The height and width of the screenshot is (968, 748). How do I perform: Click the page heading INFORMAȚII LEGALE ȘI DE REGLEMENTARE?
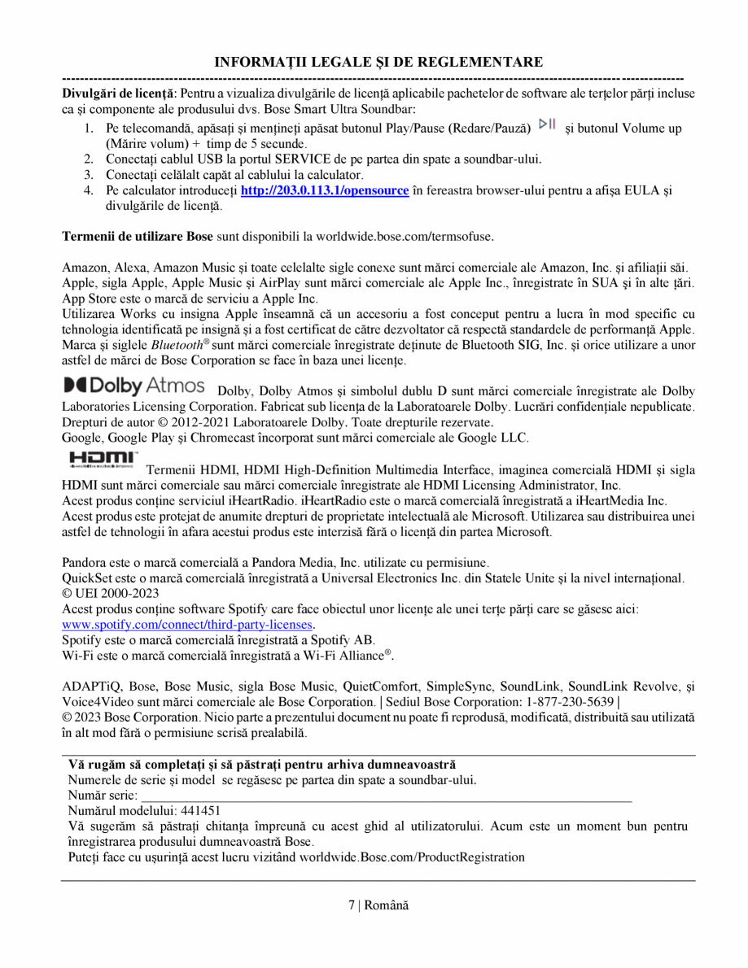click(x=378, y=63)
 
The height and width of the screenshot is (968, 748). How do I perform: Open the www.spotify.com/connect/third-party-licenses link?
click(x=188, y=625)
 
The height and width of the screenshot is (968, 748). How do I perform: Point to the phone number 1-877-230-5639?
click(x=570, y=702)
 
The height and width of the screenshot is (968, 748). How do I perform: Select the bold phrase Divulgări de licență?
click(x=119, y=94)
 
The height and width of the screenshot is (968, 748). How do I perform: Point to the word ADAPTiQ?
click(x=89, y=687)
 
